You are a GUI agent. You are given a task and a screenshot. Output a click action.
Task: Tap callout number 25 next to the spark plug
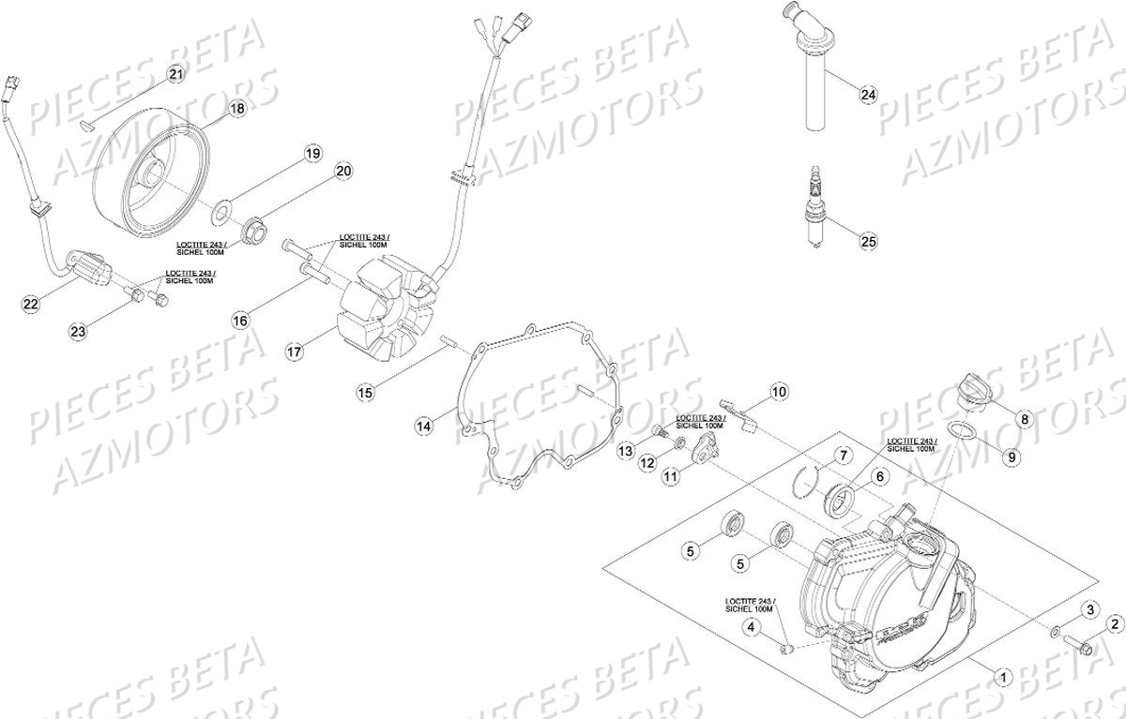[868, 242]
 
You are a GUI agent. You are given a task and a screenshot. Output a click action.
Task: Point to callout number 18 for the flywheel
[236, 109]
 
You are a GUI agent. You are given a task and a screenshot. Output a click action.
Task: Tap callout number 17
[295, 352]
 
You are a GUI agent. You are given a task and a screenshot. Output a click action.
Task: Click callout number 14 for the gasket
[424, 426]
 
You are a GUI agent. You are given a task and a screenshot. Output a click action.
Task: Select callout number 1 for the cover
[1001, 675]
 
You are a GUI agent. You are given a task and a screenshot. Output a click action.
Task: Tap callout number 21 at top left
[176, 73]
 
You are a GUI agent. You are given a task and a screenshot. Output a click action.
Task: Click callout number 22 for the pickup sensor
[31, 304]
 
